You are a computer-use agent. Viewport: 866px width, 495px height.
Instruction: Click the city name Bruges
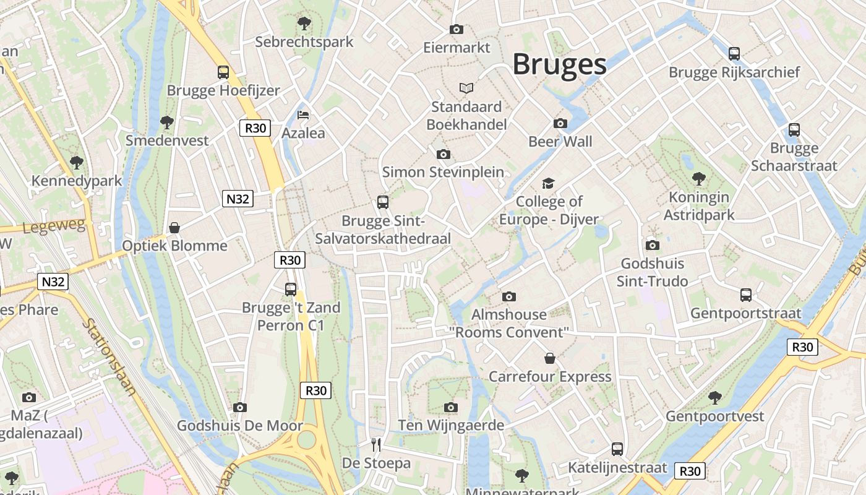(x=559, y=64)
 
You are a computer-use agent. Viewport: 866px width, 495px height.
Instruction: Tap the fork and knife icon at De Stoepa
(x=376, y=444)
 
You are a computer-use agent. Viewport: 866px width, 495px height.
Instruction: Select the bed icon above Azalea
(x=303, y=115)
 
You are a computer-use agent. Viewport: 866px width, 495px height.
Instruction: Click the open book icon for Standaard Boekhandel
(x=466, y=88)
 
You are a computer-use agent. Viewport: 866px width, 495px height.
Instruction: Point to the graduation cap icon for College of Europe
(x=549, y=183)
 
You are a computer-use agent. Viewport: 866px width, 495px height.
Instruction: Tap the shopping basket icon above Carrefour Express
(x=549, y=358)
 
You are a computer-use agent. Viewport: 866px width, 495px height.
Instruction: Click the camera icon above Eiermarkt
(x=457, y=29)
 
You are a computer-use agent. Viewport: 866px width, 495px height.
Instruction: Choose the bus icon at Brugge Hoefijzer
(x=223, y=72)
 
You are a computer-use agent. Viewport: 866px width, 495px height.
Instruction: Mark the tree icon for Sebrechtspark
(x=304, y=24)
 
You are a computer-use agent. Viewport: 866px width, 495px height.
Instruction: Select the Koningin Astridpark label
(x=699, y=206)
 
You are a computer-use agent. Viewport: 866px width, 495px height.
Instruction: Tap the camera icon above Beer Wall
(x=560, y=123)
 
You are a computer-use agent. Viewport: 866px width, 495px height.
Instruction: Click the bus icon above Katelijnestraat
(x=617, y=449)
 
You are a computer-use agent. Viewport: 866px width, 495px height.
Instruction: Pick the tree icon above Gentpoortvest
(x=715, y=397)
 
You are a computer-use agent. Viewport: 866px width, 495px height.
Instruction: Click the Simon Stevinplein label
(x=443, y=172)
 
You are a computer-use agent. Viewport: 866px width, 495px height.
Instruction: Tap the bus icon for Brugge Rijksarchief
(x=734, y=54)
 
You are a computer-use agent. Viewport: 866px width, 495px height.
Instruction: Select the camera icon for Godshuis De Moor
(x=240, y=407)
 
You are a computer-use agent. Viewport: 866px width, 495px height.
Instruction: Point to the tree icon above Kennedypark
(x=77, y=163)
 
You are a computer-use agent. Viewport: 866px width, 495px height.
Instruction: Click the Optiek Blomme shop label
(x=174, y=246)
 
